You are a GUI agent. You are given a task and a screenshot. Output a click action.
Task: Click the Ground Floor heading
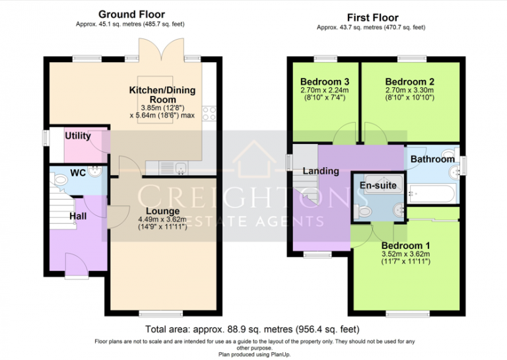132,14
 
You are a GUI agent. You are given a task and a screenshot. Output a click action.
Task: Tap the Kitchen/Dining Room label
162,94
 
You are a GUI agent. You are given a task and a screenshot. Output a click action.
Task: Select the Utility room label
77,135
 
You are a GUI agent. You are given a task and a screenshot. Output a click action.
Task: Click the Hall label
79,216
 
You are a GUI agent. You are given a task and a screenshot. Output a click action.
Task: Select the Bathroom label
432,159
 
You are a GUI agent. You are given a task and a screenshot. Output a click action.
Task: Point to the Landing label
321,171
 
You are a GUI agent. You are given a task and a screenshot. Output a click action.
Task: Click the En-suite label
378,186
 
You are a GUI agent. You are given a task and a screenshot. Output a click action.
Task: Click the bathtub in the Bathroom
430,194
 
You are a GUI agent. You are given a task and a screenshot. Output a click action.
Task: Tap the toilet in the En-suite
362,211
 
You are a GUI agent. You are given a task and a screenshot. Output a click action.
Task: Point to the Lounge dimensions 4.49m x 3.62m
162,220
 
